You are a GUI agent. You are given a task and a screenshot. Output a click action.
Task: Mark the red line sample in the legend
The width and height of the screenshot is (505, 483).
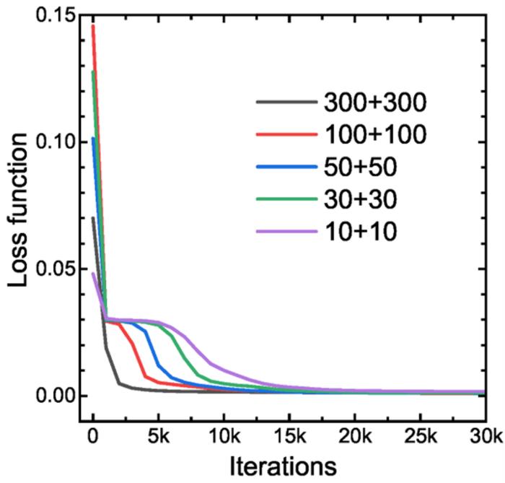point(285,135)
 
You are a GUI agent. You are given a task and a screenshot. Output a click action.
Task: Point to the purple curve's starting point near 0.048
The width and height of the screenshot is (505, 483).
point(93,274)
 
